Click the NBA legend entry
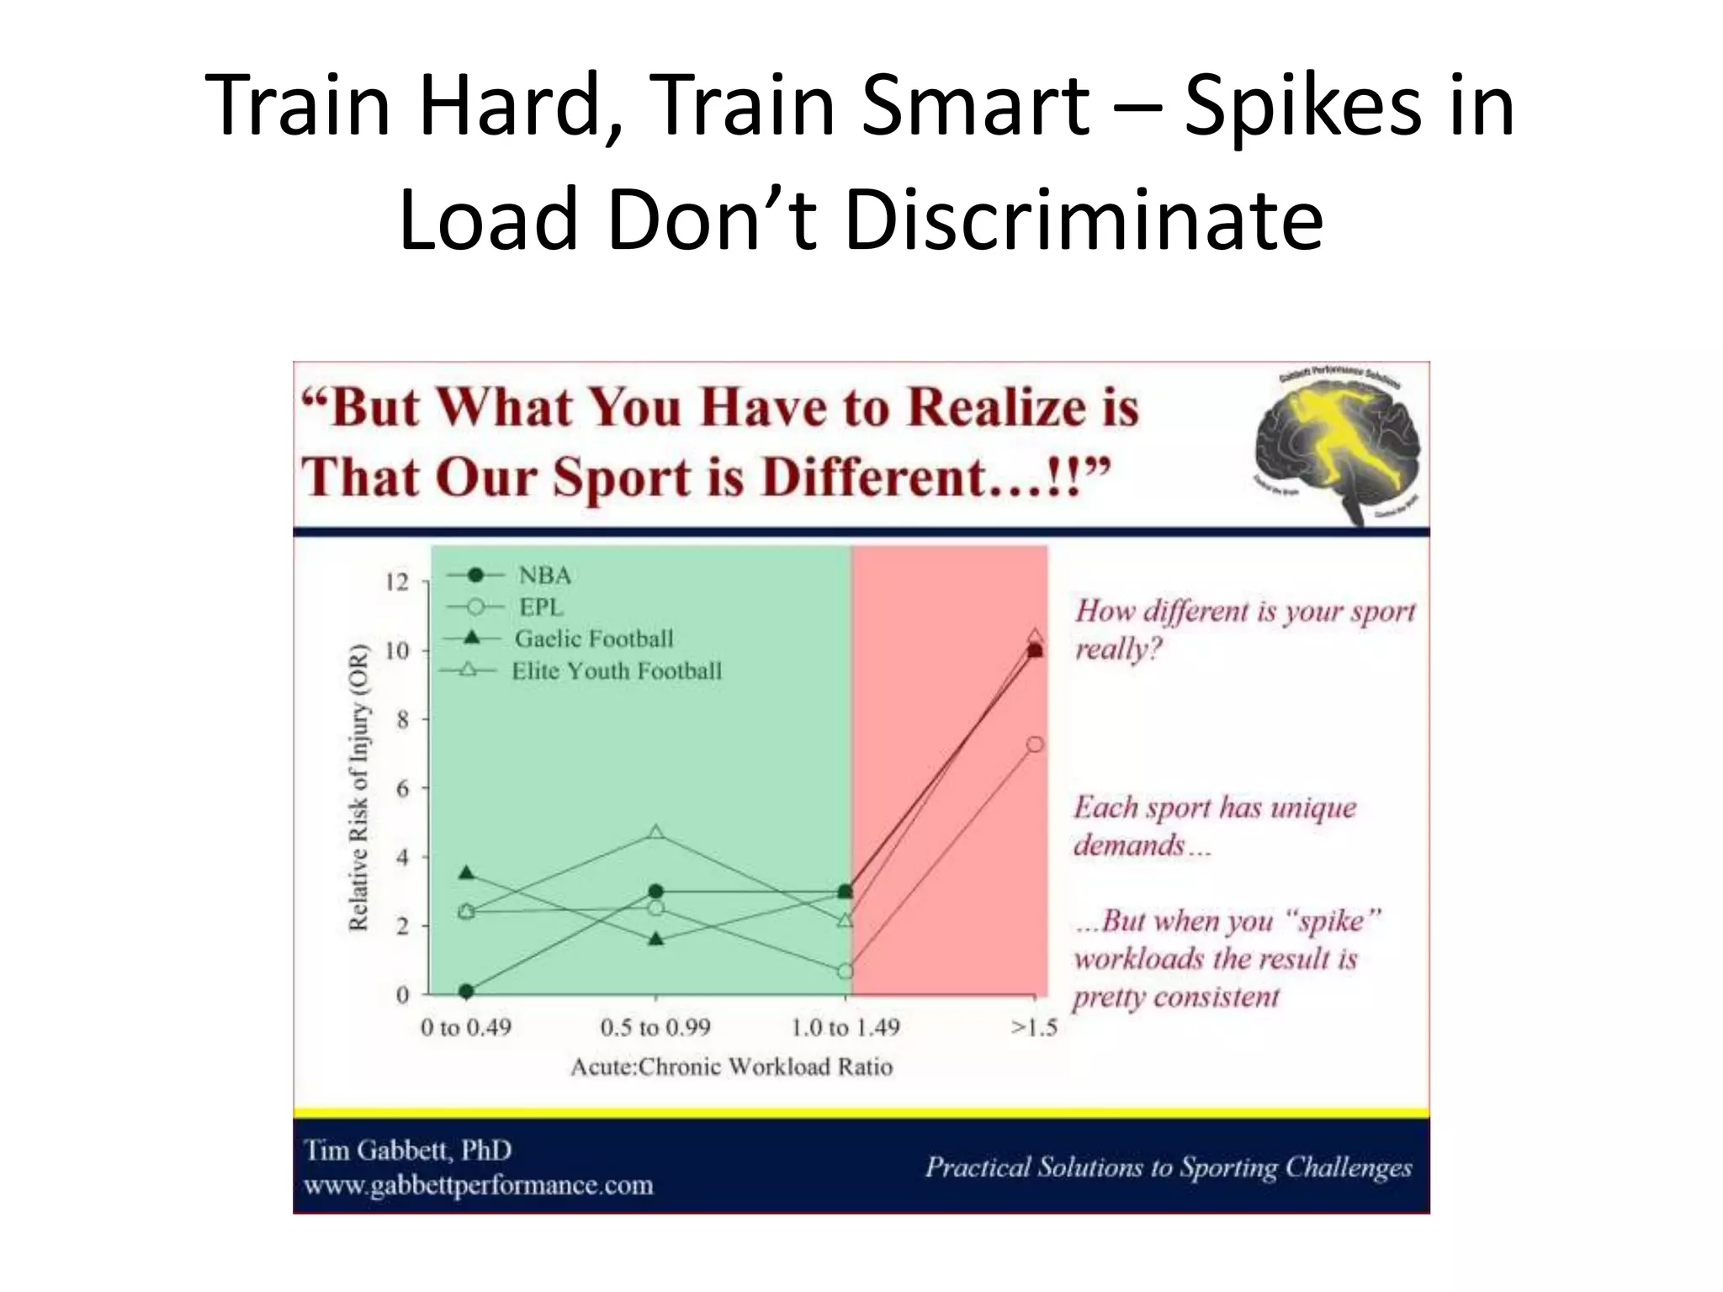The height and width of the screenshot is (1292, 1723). pyautogui.click(x=543, y=575)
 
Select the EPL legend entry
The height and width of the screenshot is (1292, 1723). pyautogui.click(x=540, y=607)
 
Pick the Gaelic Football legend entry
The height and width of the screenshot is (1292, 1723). pyautogui.click(x=593, y=639)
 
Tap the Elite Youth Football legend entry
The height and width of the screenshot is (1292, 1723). pyautogui.click(x=616, y=671)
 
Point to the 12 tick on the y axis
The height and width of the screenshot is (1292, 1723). pyautogui.click(x=396, y=582)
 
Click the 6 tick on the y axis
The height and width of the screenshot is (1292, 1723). pyautogui.click(x=402, y=789)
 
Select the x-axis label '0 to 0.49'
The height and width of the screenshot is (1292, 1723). pyautogui.click(x=466, y=1028)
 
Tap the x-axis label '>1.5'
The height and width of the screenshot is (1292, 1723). pyautogui.click(x=1034, y=1028)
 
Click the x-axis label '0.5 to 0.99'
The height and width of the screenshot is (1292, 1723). pyautogui.click(x=655, y=1028)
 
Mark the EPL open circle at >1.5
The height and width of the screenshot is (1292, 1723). pyautogui.click(x=1035, y=744)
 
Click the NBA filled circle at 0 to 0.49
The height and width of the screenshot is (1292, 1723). pyautogui.click(x=467, y=992)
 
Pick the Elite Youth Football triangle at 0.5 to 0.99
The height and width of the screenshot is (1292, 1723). pyautogui.click(x=656, y=833)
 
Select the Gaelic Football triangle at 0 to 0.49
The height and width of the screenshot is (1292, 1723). pyautogui.click(x=467, y=873)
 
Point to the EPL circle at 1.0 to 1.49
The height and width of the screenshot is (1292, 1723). pyautogui.click(x=846, y=972)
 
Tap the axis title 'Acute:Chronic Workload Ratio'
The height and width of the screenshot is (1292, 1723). pyautogui.click(x=731, y=1067)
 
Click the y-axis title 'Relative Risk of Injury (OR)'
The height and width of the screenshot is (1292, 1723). pyautogui.click(x=359, y=787)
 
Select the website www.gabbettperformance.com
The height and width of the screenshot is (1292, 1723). pyautogui.click(x=478, y=1186)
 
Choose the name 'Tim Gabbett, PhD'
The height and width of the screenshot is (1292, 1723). pyautogui.click(x=407, y=1150)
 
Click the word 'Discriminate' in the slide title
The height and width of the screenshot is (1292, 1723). pyautogui.click(x=1084, y=219)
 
